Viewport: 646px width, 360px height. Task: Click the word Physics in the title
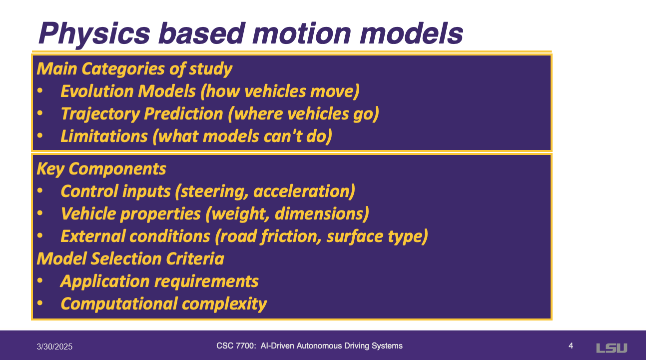pyautogui.click(x=94, y=34)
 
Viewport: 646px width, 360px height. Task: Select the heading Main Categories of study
pyautogui.click(x=134, y=69)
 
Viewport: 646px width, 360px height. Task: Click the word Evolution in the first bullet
pyautogui.click(x=97, y=91)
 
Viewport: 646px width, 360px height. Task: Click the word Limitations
pyautogui.click(x=104, y=136)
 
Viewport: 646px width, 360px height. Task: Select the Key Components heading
pyautogui.click(x=101, y=169)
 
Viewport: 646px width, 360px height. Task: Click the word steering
pyautogui.click(x=212, y=191)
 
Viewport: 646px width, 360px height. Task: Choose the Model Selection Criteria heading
pyautogui.click(x=130, y=258)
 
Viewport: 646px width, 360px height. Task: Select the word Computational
pyautogui.click(x=119, y=304)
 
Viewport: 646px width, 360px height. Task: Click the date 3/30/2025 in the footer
pyautogui.click(x=54, y=346)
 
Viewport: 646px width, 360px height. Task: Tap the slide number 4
pyautogui.click(x=571, y=346)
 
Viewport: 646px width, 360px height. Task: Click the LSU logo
pyautogui.click(x=612, y=348)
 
